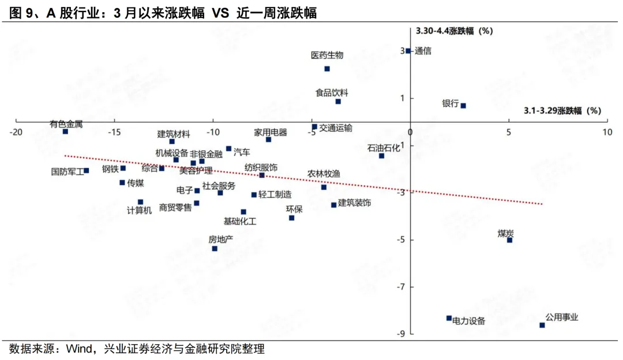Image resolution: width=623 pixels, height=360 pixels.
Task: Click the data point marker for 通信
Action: click(x=408, y=51)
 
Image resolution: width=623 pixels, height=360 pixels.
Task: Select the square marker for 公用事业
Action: click(x=542, y=325)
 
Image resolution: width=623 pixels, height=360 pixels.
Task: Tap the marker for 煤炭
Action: click(x=509, y=240)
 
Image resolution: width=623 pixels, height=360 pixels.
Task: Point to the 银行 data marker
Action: click(x=463, y=106)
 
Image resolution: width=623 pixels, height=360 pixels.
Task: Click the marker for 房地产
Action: click(x=215, y=249)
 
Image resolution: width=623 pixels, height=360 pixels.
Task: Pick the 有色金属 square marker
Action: click(x=65, y=132)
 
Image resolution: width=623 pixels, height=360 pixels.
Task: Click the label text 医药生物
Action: click(x=327, y=55)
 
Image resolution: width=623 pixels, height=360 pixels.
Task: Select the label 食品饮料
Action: click(x=332, y=92)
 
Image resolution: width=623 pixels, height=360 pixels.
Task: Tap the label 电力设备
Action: click(x=468, y=321)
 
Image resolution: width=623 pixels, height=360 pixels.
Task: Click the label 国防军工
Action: click(x=67, y=171)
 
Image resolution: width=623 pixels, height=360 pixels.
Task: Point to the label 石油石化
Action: click(x=384, y=148)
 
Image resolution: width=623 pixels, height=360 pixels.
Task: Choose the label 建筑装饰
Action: click(x=354, y=203)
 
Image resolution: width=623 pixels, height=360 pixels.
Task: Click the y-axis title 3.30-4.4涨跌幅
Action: click(x=455, y=31)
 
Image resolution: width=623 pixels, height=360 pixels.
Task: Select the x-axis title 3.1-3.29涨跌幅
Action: click(x=562, y=111)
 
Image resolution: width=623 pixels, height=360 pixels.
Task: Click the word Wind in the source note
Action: click(x=78, y=349)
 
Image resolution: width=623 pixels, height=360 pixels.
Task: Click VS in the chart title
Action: click(x=222, y=13)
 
